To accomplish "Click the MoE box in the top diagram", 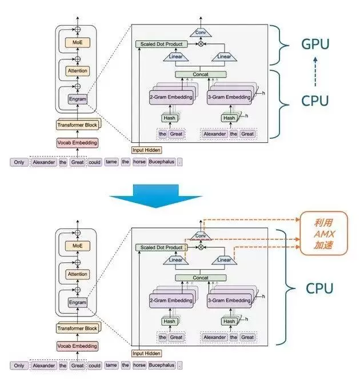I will click(x=77, y=42).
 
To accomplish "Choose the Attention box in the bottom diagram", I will click(x=77, y=274).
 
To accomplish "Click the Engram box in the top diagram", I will click(x=77, y=99).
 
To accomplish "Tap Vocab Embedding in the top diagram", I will click(x=77, y=142).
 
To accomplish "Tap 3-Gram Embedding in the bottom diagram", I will click(x=229, y=300).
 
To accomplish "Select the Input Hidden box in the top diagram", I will click(x=146, y=150).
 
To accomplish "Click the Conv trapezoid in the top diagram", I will click(x=201, y=32).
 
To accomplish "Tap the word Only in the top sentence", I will click(x=19, y=162).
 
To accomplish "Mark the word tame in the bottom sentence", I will click(x=111, y=365).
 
